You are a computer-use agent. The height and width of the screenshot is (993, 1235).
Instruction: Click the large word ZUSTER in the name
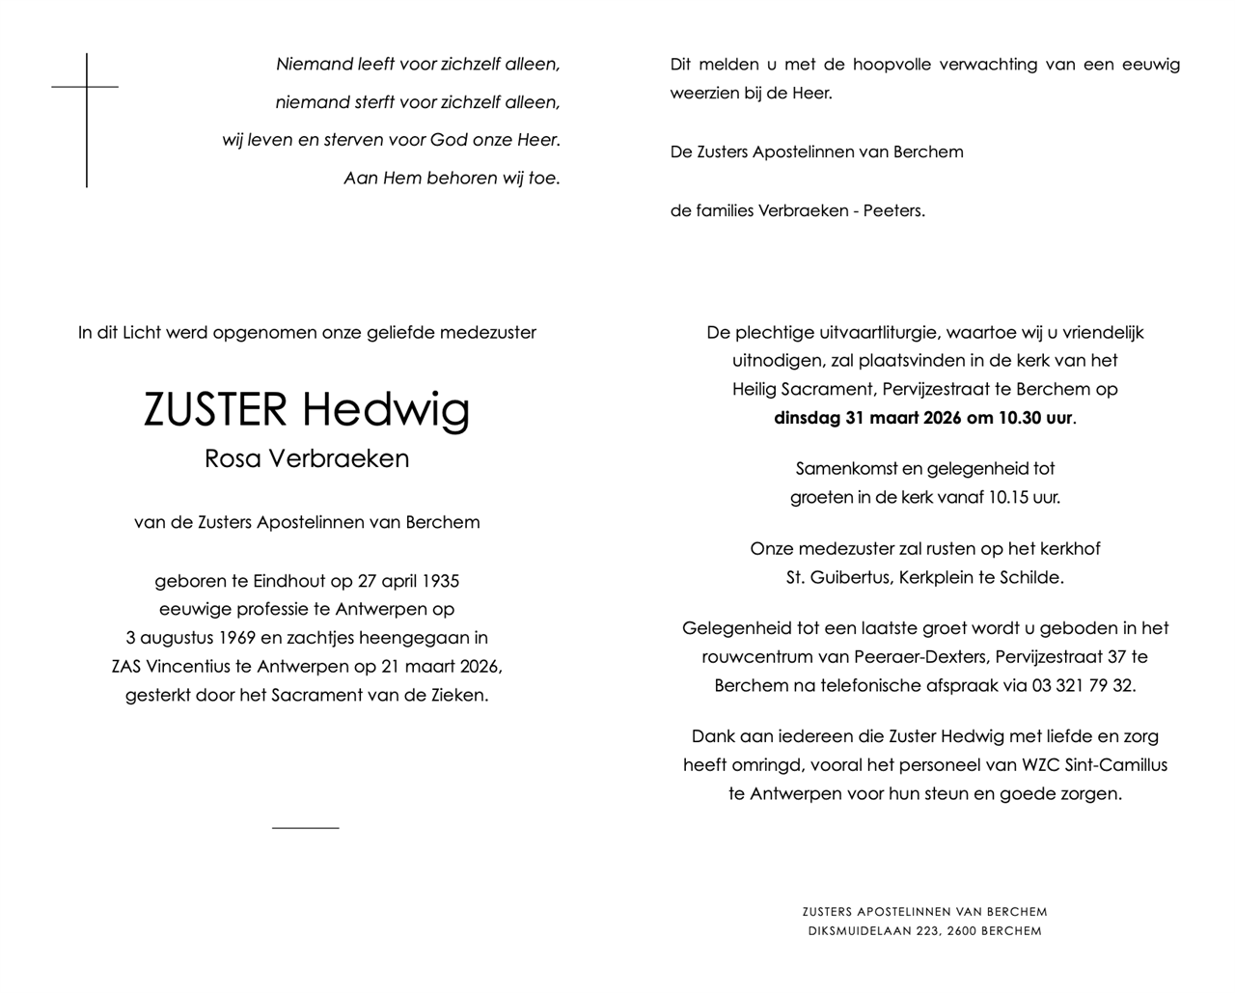click(215, 409)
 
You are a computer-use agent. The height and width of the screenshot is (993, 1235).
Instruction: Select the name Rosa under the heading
click(233, 458)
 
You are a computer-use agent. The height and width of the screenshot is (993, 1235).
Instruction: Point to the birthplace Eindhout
click(289, 581)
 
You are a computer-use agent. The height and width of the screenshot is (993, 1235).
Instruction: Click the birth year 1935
click(438, 581)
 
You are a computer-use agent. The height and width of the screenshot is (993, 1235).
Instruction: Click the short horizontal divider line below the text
click(305, 828)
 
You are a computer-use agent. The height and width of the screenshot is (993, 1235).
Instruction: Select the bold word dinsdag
click(808, 419)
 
